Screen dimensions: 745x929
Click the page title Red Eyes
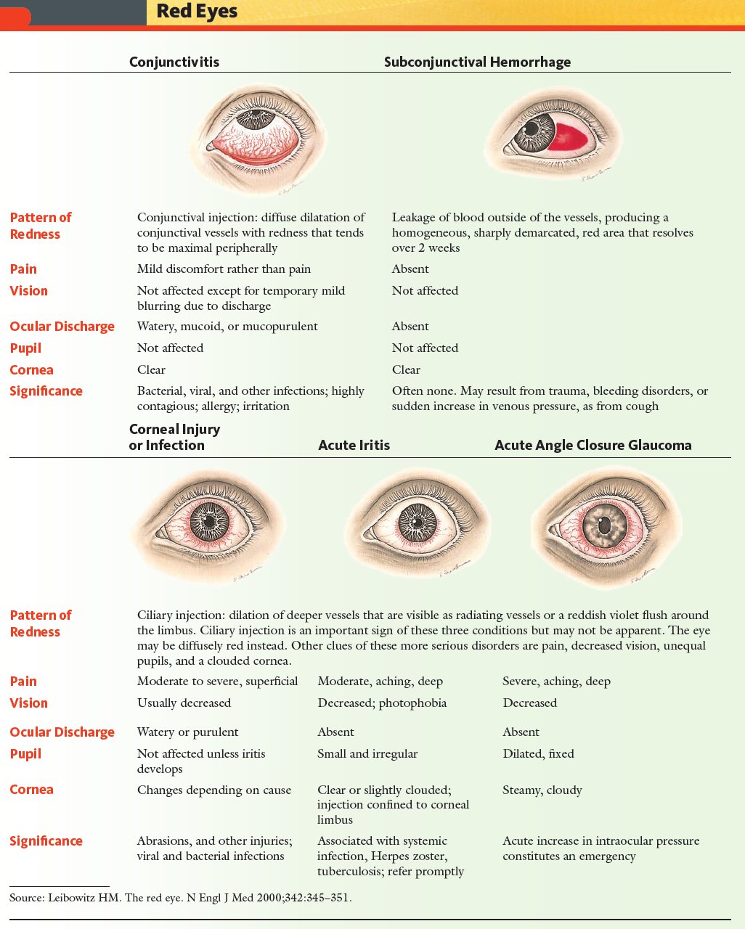(x=197, y=12)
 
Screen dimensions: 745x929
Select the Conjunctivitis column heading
(x=174, y=62)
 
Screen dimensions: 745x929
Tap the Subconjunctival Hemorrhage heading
(x=477, y=62)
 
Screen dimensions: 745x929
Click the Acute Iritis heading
(x=354, y=445)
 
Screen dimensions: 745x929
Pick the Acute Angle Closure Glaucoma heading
(x=593, y=445)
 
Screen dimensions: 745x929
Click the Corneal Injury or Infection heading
(x=174, y=437)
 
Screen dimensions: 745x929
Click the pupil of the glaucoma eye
(x=604, y=525)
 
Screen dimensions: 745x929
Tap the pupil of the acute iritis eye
(x=418, y=523)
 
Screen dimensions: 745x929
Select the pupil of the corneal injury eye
(x=209, y=522)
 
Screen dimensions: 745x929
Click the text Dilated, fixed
(x=538, y=753)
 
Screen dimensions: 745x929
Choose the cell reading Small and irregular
(x=367, y=753)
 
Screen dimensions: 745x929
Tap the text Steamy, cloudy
(x=542, y=790)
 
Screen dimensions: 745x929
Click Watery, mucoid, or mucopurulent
(x=227, y=327)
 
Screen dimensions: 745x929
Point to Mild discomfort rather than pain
(x=224, y=269)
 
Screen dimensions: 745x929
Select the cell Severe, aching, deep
(x=556, y=681)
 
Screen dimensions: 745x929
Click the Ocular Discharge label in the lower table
(x=62, y=732)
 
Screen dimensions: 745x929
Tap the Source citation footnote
(x=181, y=897)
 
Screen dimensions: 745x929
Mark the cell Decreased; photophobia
(x=382, y=703)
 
